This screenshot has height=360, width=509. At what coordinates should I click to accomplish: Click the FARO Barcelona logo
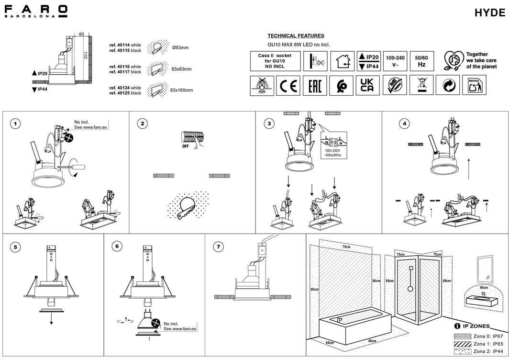pyautogui.click(x=36, y=11)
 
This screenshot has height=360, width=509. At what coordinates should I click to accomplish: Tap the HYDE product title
pyautogui.click(x=489, y=13)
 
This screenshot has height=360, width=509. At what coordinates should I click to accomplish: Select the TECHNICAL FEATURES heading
pyautogui.click(x=296, y=36)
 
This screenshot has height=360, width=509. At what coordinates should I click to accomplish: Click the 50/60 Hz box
pyautogui.click(x=421, y=61)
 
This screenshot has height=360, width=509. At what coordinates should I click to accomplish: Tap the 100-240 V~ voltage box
pyautogui.click(x=395, y=61)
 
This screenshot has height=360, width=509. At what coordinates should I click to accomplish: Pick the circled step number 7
pyautogui.click(x=218, y=247)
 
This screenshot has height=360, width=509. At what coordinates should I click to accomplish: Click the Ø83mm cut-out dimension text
pyautogui.click(x=180, y=47)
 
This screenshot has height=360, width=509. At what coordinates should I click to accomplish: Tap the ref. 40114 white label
pyautogui.click(x=125, y=45)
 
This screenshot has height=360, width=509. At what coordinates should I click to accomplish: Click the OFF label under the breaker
pyautogui.click(x=186, y=147)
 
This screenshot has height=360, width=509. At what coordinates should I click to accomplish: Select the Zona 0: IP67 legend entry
pyautogui.click(x=488, y=336)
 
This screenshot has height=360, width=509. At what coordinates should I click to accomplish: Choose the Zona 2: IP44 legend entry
pyautogui.click(x=488, y=352)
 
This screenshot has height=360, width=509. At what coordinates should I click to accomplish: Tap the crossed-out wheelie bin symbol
pyautogui.click(x=421, y=85)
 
